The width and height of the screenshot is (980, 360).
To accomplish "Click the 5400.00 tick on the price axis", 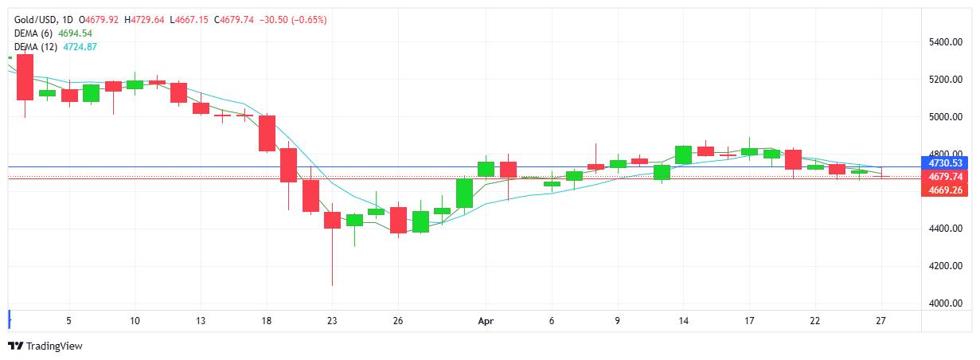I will tap(945, 41).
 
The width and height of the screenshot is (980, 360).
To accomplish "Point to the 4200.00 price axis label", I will tap(945, 266).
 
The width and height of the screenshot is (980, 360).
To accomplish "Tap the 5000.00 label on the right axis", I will tap(945, 117).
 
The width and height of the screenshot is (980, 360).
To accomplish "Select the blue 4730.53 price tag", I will tap(945, 162).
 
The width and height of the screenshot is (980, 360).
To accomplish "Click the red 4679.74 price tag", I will tap(945, 177).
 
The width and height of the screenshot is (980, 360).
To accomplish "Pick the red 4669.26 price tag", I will tap(945, 191).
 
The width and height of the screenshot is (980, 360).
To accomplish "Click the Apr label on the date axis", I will tap(486, 321).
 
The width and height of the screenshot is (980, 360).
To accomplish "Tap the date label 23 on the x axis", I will tap(332, 321).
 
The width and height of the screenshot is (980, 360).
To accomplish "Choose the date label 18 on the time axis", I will tap(267, 321).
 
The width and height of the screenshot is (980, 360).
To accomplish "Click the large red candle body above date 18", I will tap(267, 133).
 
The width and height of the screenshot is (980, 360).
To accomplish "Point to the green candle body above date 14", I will tap(683, 155).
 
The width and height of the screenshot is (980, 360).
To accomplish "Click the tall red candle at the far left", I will tap(25, 76).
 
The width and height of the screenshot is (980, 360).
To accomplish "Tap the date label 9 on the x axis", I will tap(617, 321).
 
